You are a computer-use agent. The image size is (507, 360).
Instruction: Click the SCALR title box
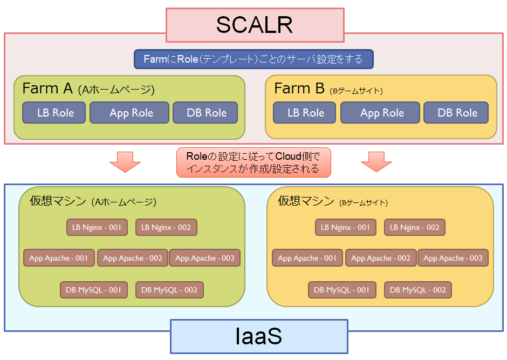(255, 25)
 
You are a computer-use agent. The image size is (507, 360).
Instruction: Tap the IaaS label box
(259, 336)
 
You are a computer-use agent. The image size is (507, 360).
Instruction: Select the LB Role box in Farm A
(54, 113)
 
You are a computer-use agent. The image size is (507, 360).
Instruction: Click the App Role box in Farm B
(380, 113)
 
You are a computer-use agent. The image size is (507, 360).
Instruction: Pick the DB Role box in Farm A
(205, 113)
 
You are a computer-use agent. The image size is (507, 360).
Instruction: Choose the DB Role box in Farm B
(456, 113)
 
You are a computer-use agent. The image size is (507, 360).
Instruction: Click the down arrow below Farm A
(125, 162)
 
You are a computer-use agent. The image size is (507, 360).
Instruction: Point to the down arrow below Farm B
(376, 162)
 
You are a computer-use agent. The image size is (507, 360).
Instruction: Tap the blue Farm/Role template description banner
(254, 59)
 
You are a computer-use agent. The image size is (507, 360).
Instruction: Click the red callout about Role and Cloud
(254, 162)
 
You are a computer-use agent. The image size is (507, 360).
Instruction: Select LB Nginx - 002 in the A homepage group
(166, 227)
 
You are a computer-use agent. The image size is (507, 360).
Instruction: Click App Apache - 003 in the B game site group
(453, 258)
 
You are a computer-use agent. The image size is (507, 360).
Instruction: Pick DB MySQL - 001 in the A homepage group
(94, 290)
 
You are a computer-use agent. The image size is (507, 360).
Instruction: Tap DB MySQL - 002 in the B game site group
(418, 290)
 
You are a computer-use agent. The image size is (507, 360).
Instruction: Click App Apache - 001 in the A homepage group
(59, 258)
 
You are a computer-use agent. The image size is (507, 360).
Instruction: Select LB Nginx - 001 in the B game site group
(346, 227)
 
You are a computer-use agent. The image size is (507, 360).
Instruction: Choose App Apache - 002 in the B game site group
(381, 258)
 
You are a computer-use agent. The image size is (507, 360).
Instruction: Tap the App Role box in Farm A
(129, 113)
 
